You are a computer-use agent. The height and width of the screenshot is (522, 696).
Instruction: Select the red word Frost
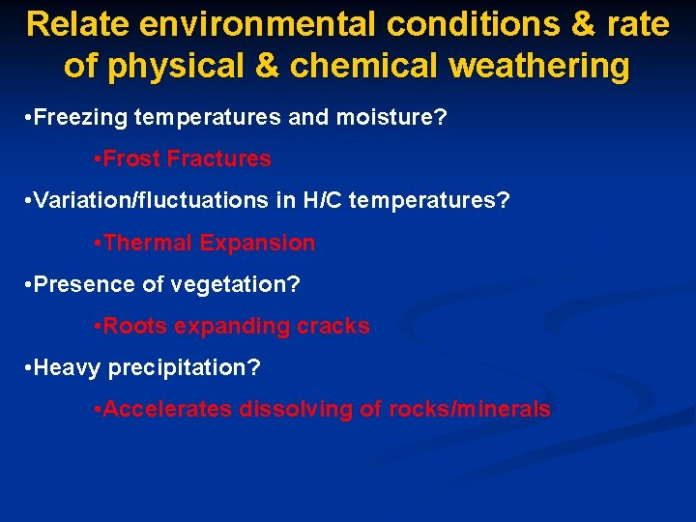pyautogui.click(x=131, y=159)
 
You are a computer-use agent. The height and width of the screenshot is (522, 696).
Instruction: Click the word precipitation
pyautogui.click(x=183, y=367)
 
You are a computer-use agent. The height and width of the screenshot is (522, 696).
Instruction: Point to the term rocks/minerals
pyautogui.click(x=469, y=409)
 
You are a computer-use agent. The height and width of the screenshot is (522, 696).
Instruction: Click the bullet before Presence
pyautogui.click(x=26, y=284)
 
